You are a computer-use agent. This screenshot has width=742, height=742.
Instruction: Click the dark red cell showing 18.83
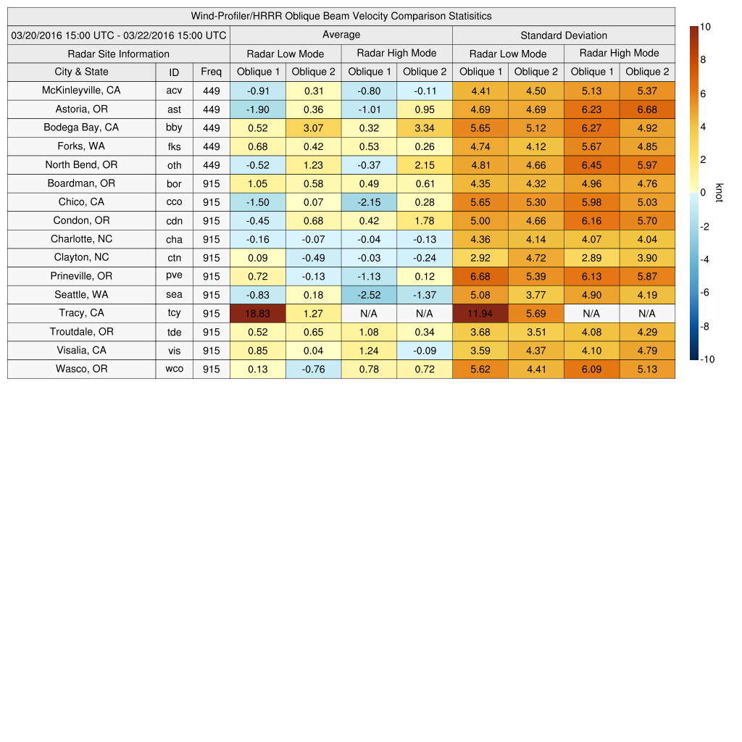point(257,314)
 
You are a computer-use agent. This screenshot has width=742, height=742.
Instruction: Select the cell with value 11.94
point(480,314)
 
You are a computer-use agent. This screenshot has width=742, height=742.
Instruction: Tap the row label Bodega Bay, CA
point(81,128)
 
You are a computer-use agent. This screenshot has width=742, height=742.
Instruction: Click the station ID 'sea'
point(174,295)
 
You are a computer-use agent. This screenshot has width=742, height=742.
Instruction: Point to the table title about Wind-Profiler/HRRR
point(341,16)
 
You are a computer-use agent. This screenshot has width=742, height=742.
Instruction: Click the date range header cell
point(119,35)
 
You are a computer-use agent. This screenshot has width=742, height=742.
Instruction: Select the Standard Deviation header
point(564,35)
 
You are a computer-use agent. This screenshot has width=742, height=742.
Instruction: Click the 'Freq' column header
point(211,72)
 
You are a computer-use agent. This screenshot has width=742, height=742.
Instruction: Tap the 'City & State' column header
point(81,72)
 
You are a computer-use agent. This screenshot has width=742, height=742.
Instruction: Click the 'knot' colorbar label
point(718,193)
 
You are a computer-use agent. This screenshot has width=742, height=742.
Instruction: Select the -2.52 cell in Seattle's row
point(369,295)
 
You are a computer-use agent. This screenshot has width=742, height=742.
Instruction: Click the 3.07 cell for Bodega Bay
point(313,128)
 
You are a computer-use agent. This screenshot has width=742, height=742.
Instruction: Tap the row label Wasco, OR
point(81,369)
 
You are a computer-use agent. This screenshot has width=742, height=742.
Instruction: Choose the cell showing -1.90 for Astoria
point(257,109)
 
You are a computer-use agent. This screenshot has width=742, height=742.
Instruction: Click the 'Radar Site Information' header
point(119,54)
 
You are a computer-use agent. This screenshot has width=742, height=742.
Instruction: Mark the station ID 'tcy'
point(174,314)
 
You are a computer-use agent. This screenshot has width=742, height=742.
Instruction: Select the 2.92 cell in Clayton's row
point(480,258)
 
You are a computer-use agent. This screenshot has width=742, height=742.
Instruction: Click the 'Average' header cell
point(341,35)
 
